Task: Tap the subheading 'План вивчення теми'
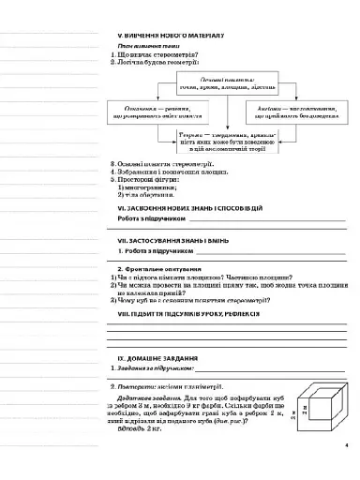[x=148, y=46]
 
